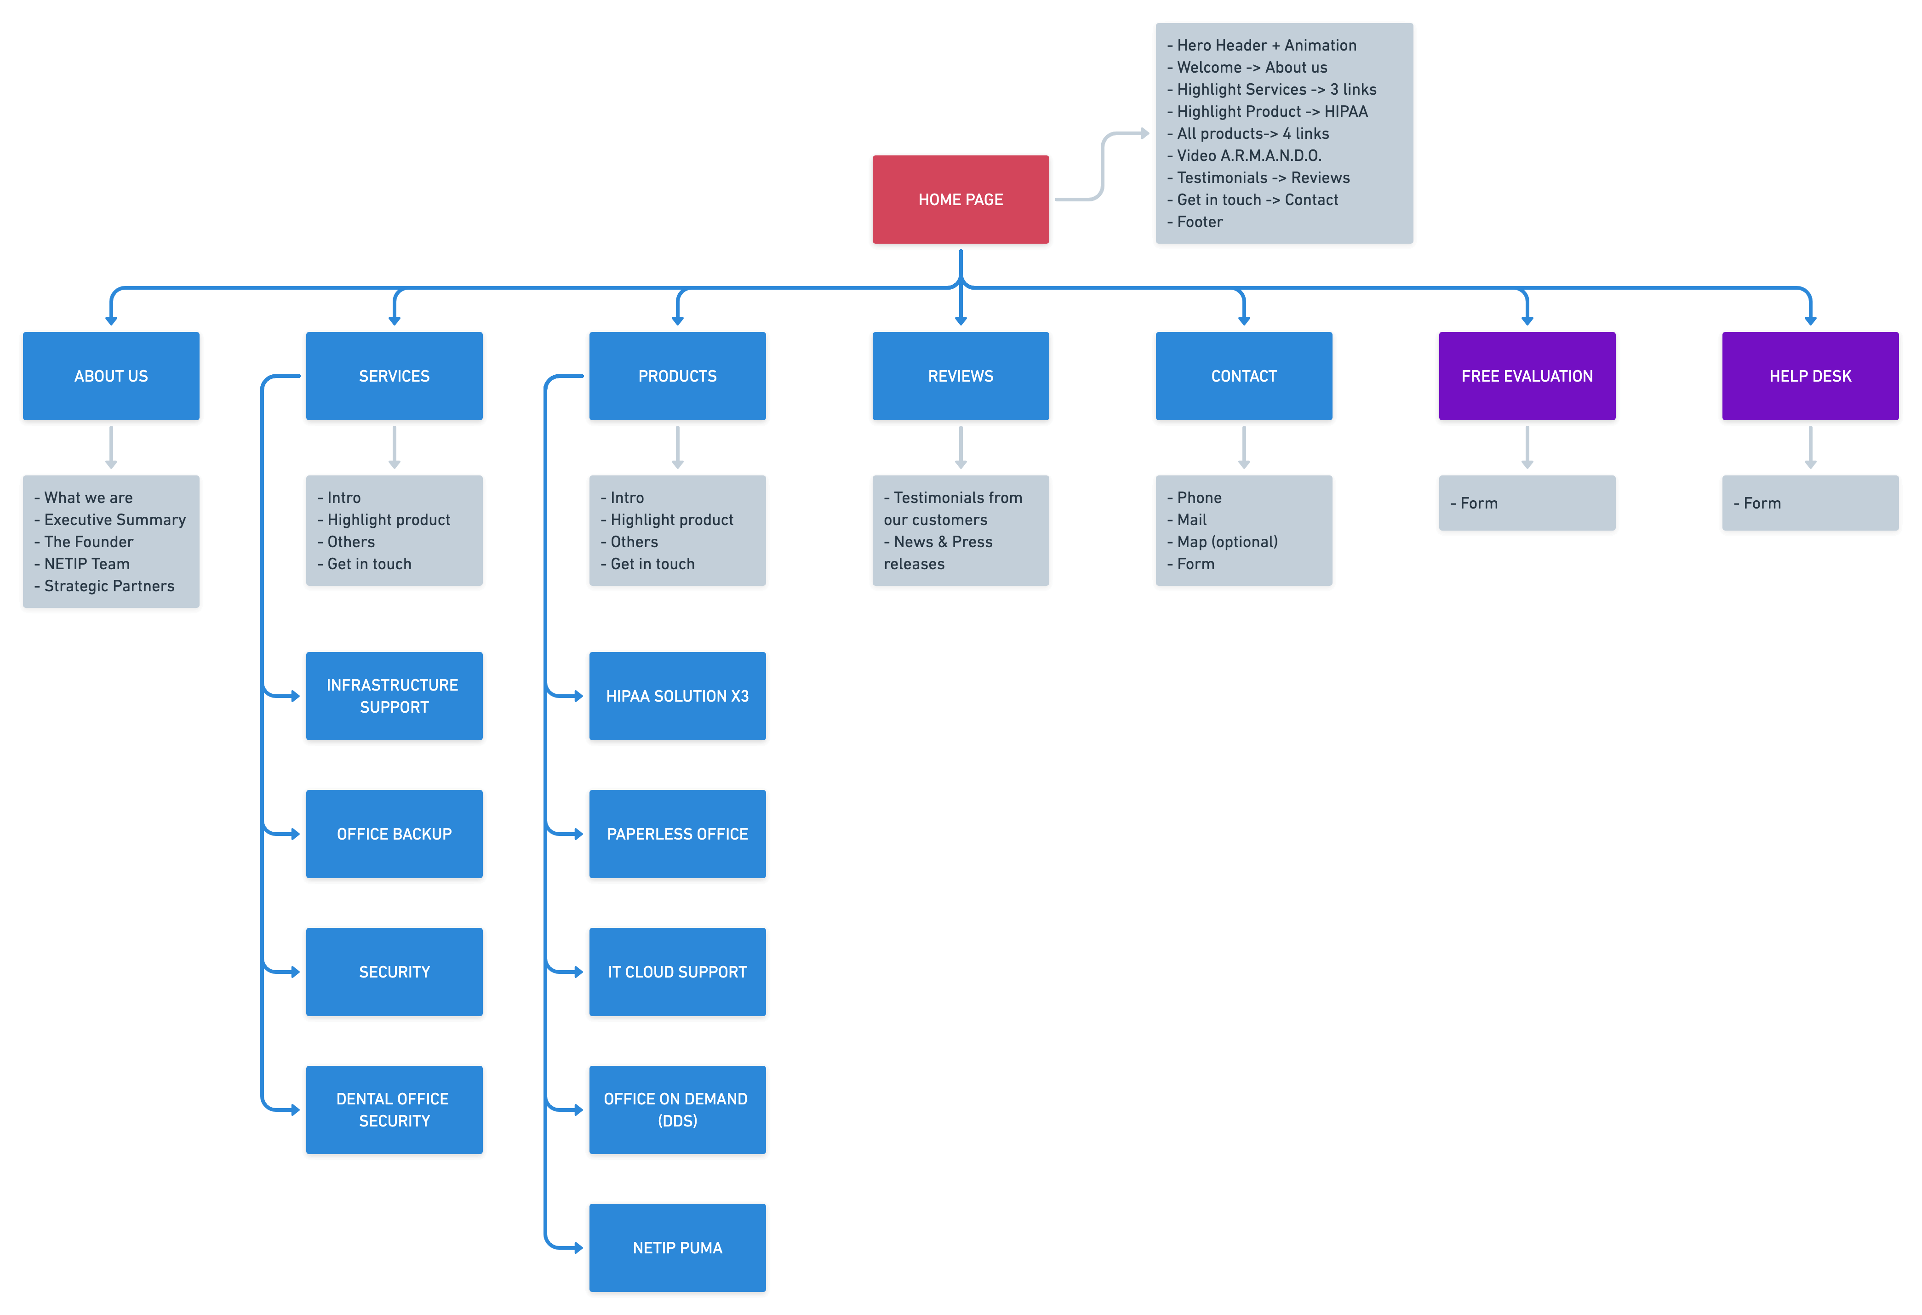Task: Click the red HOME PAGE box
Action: (x=960, y=200)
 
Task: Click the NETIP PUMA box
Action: (x=677, y=1248)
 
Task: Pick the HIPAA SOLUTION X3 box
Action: (x=677, y=697)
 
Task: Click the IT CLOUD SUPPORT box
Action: (x=677, y=972)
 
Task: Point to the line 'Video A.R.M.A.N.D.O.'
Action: (x=1249, y=155)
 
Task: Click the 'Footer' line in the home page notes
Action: (x=1199, y=222)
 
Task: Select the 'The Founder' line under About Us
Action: (x=88, y=542)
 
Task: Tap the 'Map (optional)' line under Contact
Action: (x=1227, y=542)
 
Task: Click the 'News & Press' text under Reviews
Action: (x=943, y=542)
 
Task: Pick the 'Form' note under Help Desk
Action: (x=1762, y=503)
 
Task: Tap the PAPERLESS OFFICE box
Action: (x=677, y=835)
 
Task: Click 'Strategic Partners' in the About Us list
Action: (x=109, y=586)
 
